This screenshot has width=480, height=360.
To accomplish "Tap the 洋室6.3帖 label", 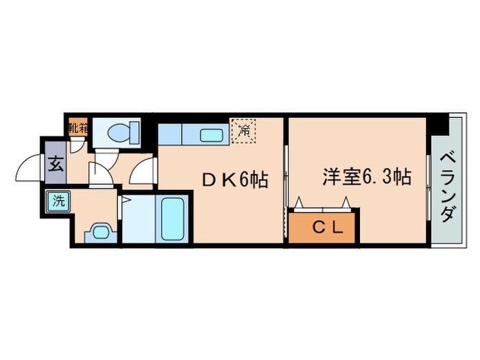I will tap(367, 178).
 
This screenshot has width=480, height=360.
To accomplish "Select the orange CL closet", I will tap(322, 228).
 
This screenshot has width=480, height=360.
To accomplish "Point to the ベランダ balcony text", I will tap(446, 185).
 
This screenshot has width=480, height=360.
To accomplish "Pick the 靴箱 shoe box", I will tap(78, 128).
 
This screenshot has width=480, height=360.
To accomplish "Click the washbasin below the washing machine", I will tap(101, 231).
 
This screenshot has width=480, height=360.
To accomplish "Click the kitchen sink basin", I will tap(210, 134).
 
